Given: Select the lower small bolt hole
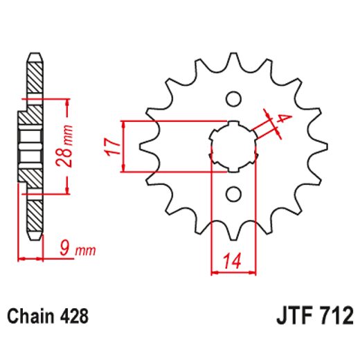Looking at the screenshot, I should pyautogui.click(x=233, y=193).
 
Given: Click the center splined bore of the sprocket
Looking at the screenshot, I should pyautogui.click(x=233, y=145).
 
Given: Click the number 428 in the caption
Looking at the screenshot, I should pyautogui.click(x=74, y=318).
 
